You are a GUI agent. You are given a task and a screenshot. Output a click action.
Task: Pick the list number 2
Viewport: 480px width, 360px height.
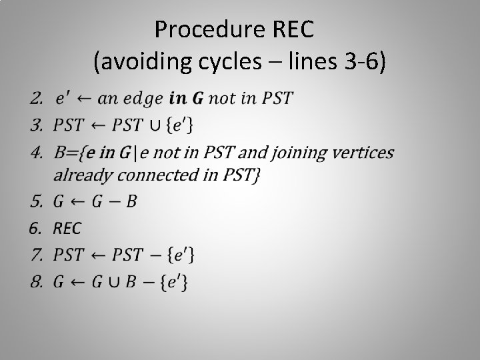click(x=35, y=99)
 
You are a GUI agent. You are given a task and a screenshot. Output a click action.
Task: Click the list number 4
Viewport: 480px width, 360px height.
click(x=35, y=153)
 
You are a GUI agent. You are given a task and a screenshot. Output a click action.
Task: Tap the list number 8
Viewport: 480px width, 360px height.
click(x=35, y=281)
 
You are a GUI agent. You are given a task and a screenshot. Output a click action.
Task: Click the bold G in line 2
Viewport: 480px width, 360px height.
click(x=198, y=99)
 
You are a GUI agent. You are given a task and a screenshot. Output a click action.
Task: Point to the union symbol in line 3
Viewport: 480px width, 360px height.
click(x=157, y=124)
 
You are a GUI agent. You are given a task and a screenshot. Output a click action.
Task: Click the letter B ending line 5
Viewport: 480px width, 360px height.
click(x=131, y=201)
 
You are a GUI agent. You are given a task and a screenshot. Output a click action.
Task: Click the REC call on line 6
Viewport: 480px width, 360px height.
click(x=67, y=228)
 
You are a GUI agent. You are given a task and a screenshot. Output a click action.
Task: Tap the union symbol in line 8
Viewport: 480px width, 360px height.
click(x=115, y=282)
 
